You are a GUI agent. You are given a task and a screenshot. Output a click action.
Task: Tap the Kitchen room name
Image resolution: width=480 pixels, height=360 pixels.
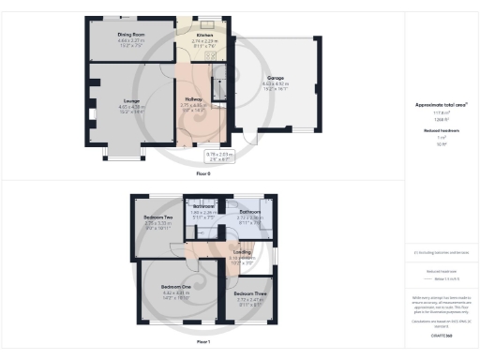click(x=204, y=36)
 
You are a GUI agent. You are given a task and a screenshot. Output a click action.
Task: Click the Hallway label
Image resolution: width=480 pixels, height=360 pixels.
click(x=192, y=98)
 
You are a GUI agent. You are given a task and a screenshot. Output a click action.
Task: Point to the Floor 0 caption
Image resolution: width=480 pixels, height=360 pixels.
click(x=203, y=173)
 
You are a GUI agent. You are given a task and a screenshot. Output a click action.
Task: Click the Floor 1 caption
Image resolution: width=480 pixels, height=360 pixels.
click(x=203, y=342)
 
